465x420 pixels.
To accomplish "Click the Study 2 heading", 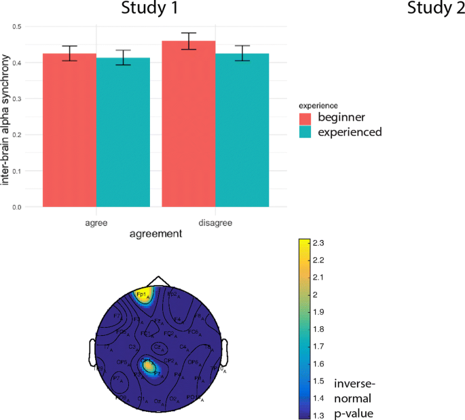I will (435, 9).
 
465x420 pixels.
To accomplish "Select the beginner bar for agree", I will (70, 129).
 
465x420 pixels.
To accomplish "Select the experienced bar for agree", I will (122, 132).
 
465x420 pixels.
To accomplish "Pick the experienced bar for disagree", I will (242, 129).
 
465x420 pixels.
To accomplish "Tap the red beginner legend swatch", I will (308, 119).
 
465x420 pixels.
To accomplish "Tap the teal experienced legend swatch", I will (308, 132).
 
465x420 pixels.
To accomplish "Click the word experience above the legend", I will (318, 106).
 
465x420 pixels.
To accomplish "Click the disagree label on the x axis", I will (215, 221).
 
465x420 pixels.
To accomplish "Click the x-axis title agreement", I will (155, 234).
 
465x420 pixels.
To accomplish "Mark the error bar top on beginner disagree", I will (189, 33).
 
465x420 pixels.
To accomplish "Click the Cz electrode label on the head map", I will (157, 347).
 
